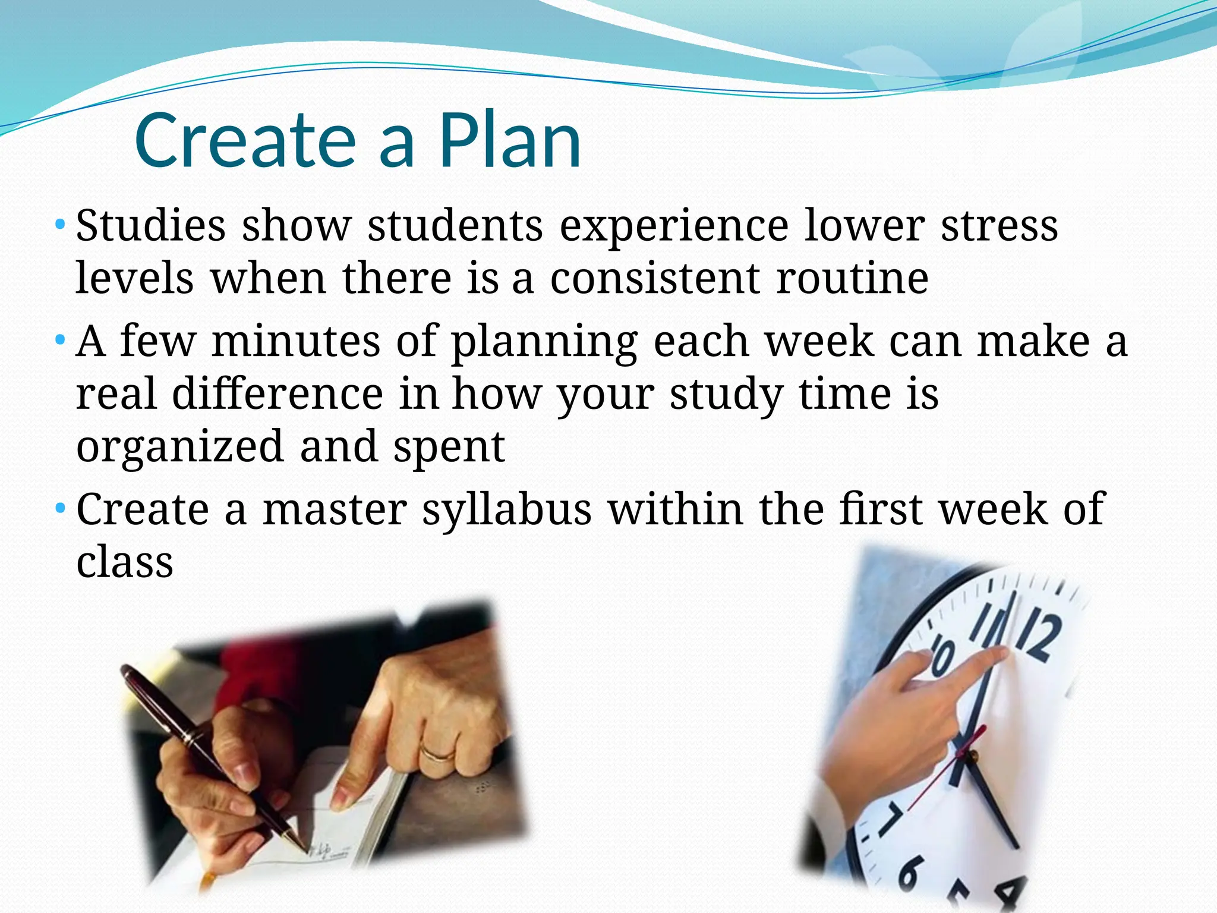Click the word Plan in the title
click(x=509, y=141)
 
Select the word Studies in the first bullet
click(x=151, y=226)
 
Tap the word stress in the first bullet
click(x=999, y=226)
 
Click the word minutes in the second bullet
click(x=296, y=342)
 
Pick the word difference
click(x=278, y=394)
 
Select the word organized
click(x=179, y=446)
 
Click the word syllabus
click(x=507, y=509)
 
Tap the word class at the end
click(x=125, y=562)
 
